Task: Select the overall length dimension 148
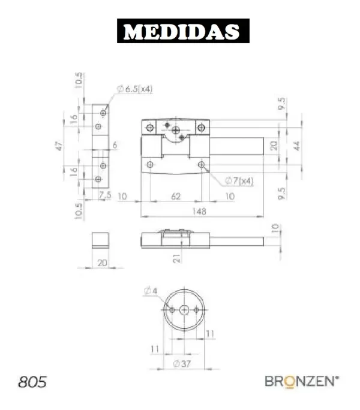coord(200,210)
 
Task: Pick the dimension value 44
coord(296,145)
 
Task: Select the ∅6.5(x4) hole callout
coord(135,89)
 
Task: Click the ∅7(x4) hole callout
coord(239,180)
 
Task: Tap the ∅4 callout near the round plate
coord(150,291)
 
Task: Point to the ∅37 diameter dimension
coord(182,364)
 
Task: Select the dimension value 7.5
coord(105,195)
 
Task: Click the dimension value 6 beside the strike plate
coord(114,145)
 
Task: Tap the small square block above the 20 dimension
coord(100,240)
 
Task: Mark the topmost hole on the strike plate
coord(103,112)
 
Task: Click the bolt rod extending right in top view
coord(237,146)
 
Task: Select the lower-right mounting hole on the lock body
coord(202,164)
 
